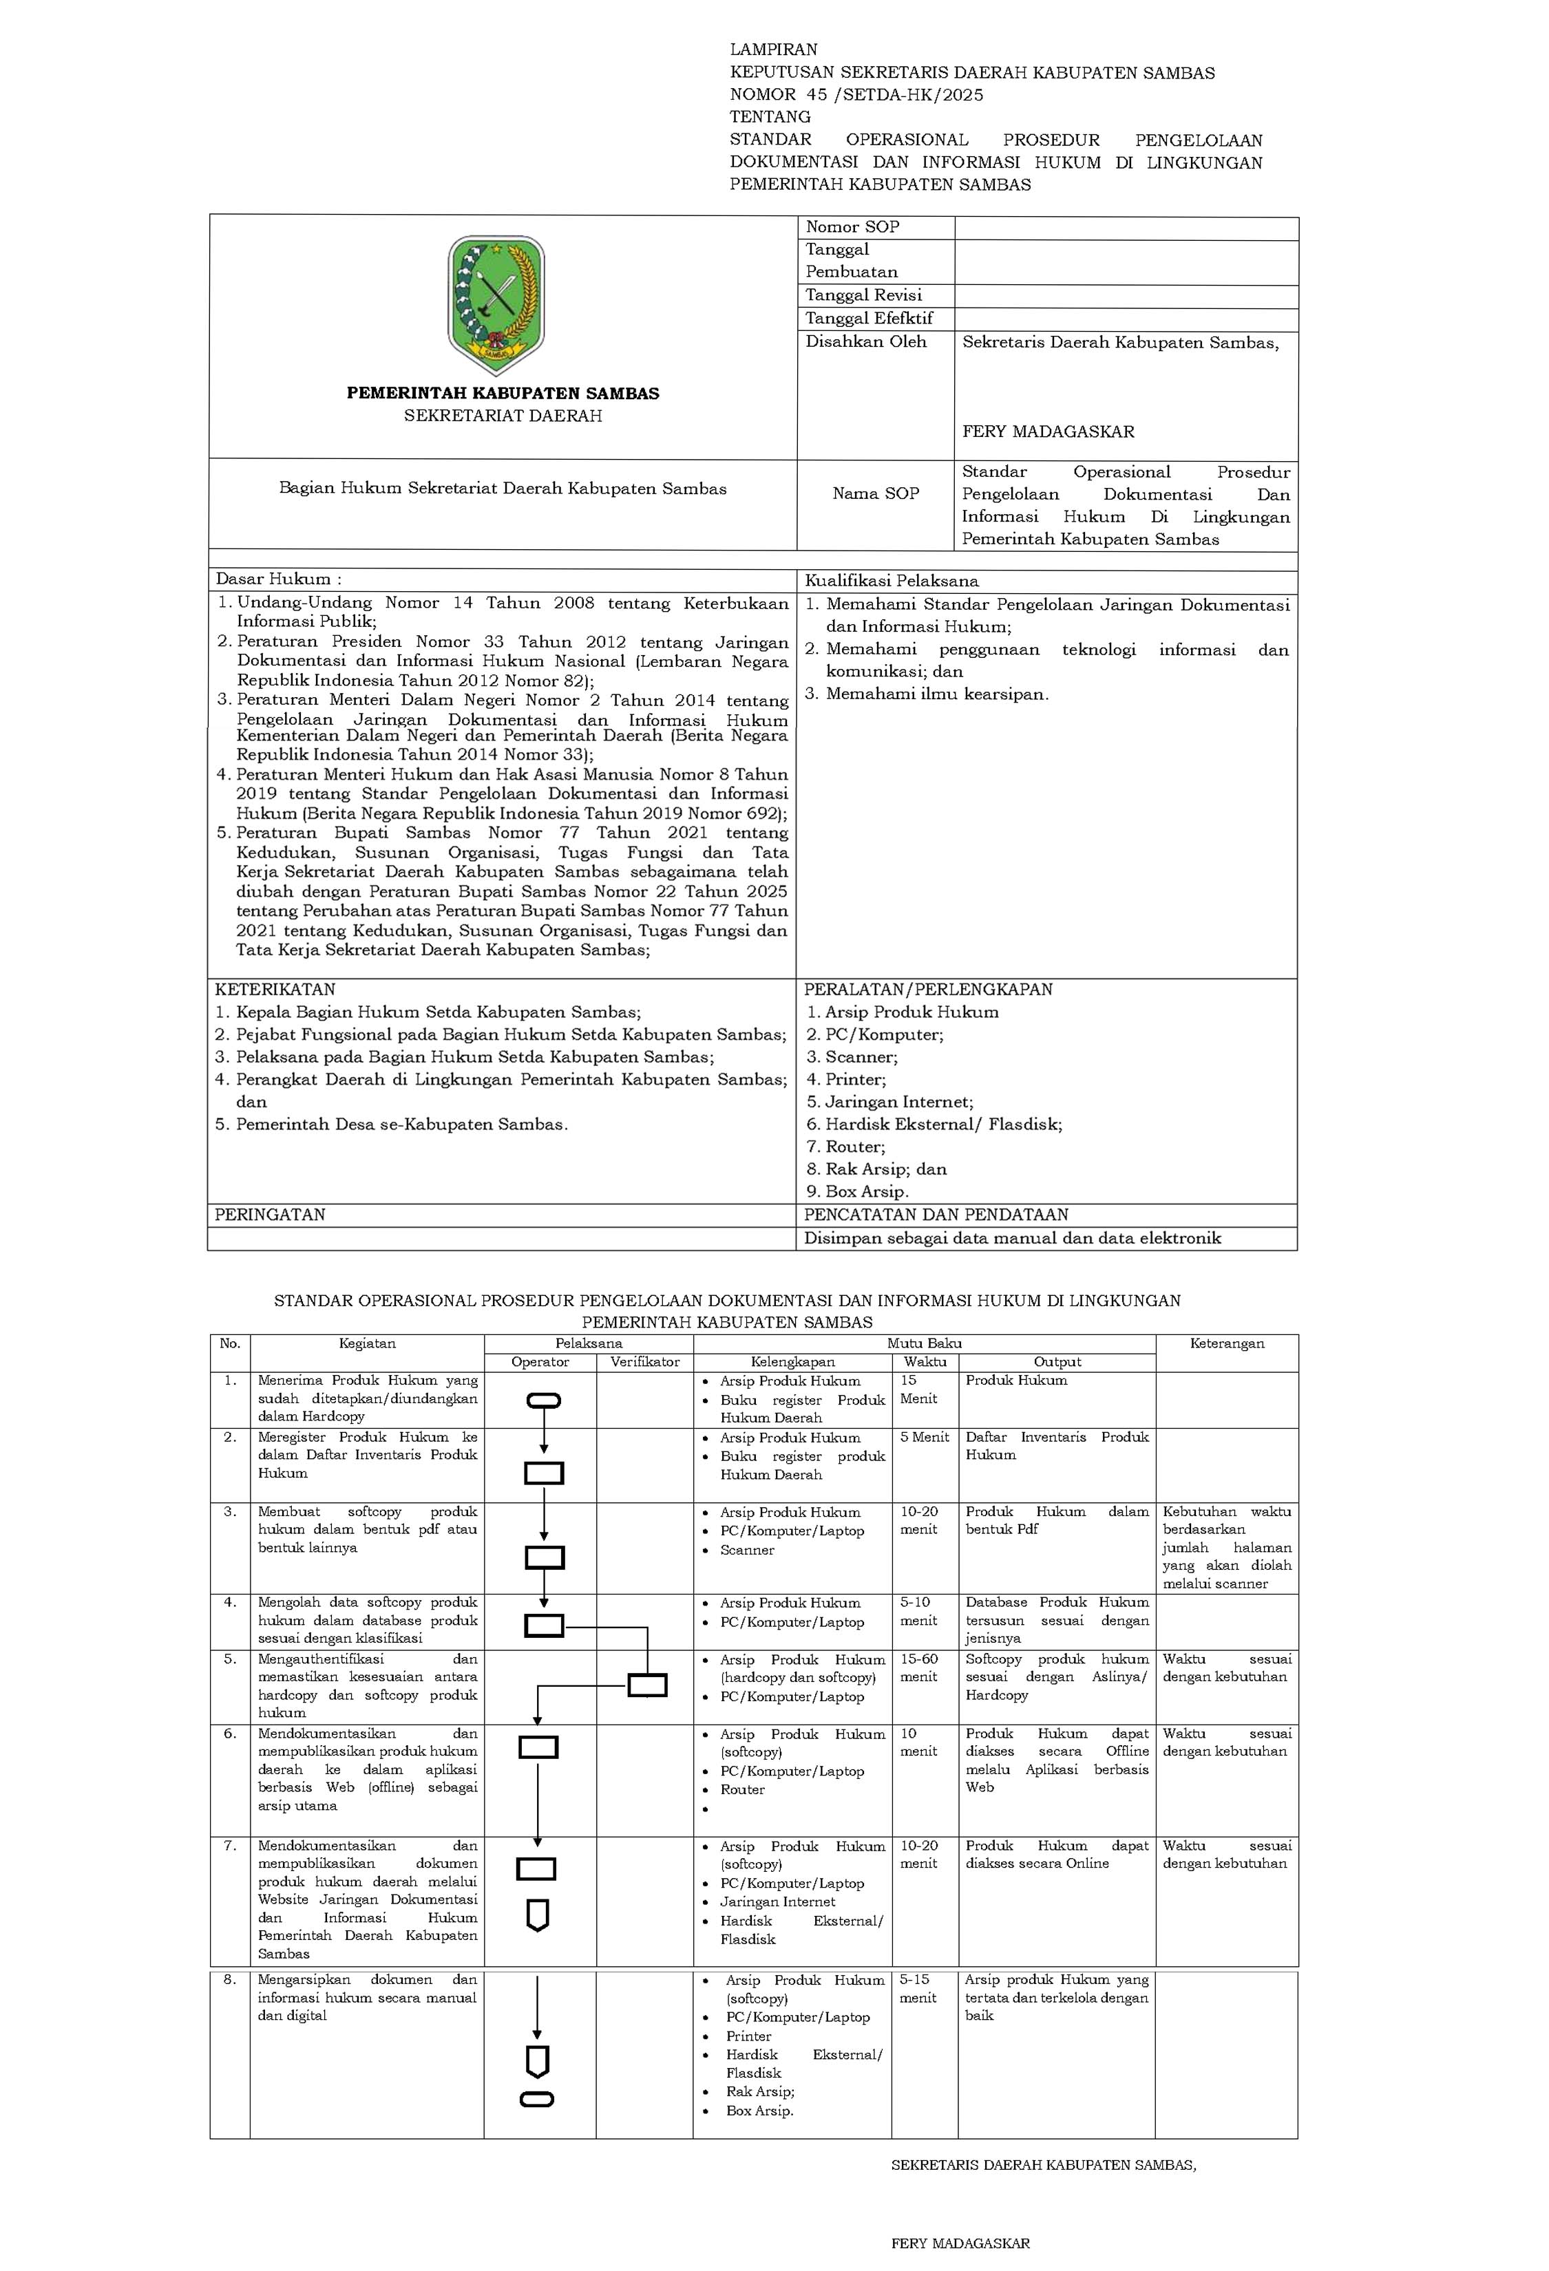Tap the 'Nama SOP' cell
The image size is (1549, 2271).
875,493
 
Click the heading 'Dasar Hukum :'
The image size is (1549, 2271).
279,579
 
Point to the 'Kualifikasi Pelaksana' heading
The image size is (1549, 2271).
892,580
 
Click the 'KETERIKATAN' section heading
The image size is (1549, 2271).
275,989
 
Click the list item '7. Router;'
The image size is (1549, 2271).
845,1147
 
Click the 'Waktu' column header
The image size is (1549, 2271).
925,1361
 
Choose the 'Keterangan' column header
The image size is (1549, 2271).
1227,1343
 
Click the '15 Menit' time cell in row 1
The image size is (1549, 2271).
918,1389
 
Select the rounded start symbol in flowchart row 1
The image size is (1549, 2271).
543,1401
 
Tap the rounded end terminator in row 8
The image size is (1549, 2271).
538,2099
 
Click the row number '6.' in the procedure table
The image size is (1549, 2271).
230,1734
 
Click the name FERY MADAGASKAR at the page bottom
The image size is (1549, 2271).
960,2243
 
